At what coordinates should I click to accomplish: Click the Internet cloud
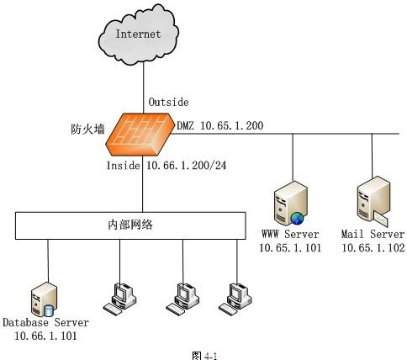tap(139, 35)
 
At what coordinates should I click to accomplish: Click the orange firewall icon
tap(140, 134)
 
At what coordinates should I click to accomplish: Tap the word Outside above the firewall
tap(168, 102)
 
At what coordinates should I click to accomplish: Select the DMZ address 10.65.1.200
tap(232, 125)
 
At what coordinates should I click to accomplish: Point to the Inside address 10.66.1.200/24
tap(186, 166)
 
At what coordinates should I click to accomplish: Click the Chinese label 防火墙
tap(87, 130)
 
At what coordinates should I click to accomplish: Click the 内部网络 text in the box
tap(130, 225)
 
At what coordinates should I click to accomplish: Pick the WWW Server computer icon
tap(290, 204)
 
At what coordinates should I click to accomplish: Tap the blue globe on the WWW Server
tap(297, 219)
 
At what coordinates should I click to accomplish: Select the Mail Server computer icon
tap(373, 201)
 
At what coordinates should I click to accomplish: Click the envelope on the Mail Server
tap(381, 219)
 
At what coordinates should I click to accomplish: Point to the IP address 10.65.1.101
tap(290, 248)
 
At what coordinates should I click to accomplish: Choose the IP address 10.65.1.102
tap(373, 248)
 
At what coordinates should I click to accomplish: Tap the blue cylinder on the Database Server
tap(49, 310)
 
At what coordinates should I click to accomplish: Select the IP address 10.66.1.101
tap(45, 336)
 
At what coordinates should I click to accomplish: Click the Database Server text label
tap(45, 322)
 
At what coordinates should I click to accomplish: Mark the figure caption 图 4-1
tap(205, 356)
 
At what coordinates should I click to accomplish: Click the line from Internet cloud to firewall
tap(144, 87)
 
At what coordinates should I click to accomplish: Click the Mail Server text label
tap(373, 234)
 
